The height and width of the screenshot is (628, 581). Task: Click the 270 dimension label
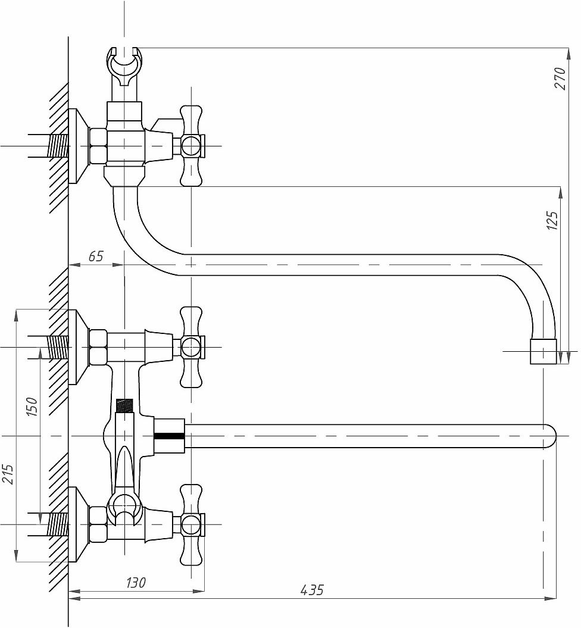[x=560, y=79]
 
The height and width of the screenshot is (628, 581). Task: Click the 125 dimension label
[x=552, y=221]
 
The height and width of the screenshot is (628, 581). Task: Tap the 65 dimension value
[x=96, y=256]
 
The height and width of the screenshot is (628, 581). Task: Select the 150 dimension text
[x=32, y=407]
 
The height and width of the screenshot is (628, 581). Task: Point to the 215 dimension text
[x=8, y=474]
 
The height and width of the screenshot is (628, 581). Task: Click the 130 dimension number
[x=136, y=583]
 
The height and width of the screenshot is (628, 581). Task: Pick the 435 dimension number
[x=312, y=590]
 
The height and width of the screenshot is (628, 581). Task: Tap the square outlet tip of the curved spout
[x=543, y=352]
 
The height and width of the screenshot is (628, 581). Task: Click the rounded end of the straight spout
[x=550, y=436]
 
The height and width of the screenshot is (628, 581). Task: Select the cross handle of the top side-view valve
[x=191, y=146]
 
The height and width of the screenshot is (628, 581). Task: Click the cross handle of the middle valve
[x=191, y=347]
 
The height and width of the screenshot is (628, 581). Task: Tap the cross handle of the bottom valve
[x=191, y=524]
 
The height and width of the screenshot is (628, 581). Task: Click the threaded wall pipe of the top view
[x=58, y=146]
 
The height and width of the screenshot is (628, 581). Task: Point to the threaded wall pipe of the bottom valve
[x=58, y=524]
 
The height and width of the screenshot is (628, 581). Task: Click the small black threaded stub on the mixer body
[x=124, y=406]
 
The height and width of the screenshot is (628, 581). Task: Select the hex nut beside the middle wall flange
[x=98, y=347]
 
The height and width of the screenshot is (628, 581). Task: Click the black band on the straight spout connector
[x=170, y=436]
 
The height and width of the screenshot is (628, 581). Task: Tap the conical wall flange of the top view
[x=79, y=146]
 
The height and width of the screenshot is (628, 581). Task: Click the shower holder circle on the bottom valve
[x=124, y=507]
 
